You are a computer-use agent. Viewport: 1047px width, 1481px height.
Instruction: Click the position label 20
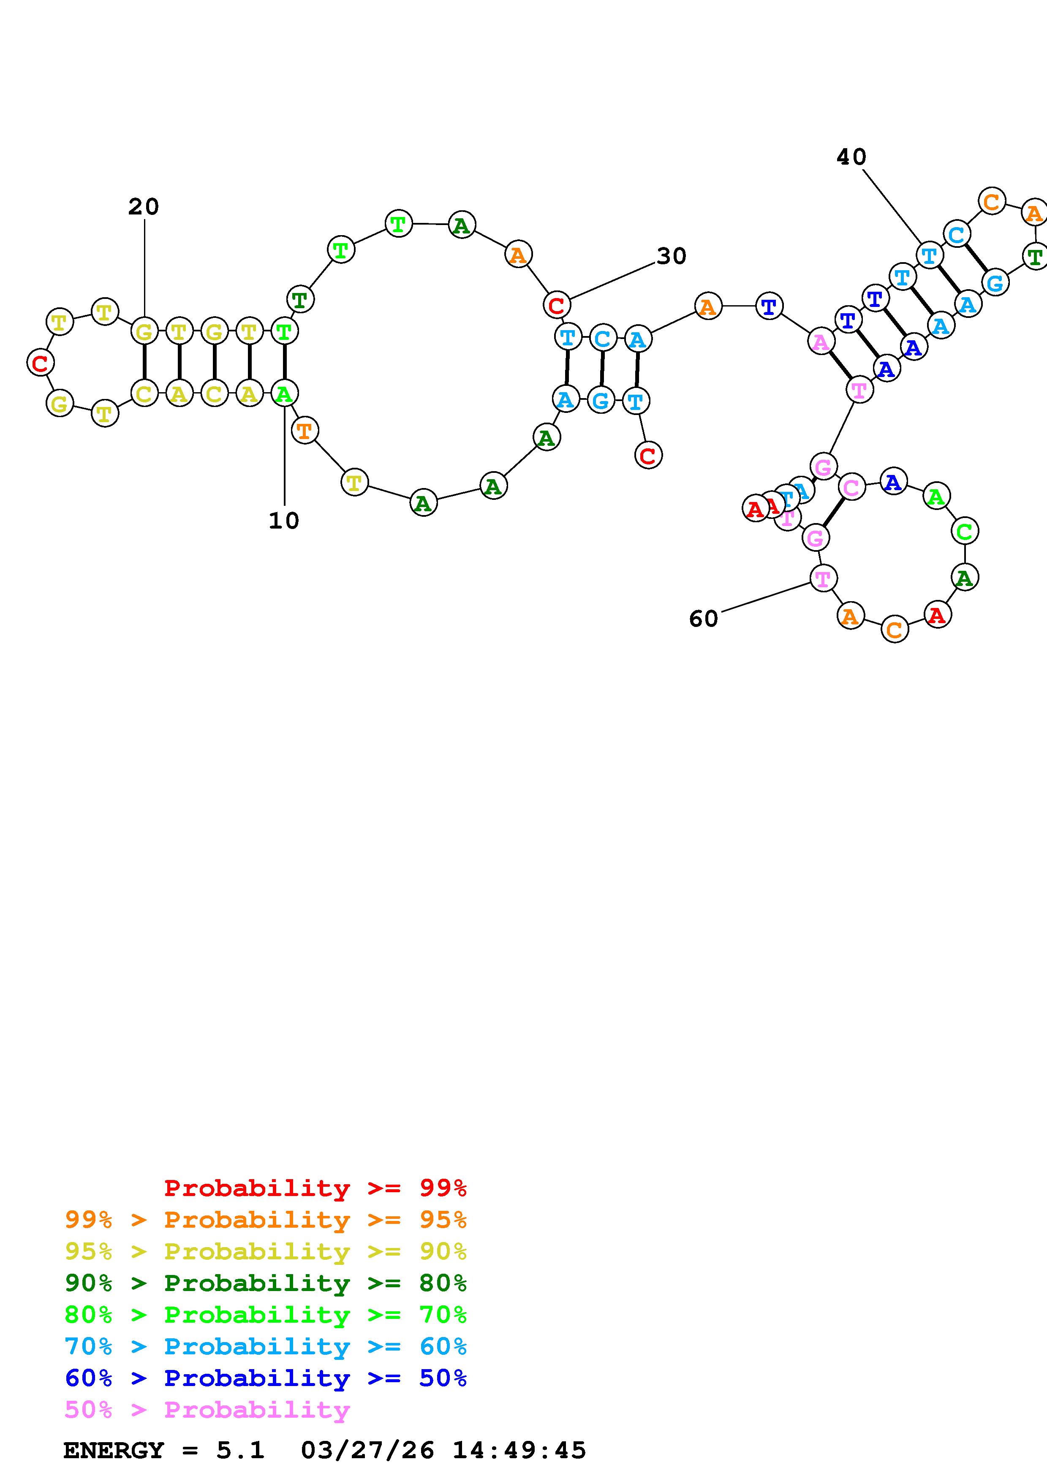click(x=143, y=207)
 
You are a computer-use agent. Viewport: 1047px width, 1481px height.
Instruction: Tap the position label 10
click(x=284, y=521)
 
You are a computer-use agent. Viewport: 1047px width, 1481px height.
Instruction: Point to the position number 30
click(x=672, y=257)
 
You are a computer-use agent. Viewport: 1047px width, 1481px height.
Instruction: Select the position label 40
click(x=851, y=157)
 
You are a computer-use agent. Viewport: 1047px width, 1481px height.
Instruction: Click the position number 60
click(x=703, y=619)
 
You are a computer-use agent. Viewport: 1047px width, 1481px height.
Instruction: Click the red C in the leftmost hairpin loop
click(x=40, y=363)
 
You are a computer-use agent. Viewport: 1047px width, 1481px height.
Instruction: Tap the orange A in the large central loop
click(x=518, y=255)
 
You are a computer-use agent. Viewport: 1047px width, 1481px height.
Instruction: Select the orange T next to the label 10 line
click(x=305, y=430)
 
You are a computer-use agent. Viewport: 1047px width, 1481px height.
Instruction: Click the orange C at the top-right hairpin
click(x=992, y=202)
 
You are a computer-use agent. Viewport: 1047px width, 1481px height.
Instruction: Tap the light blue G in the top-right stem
click(x=995, y=282)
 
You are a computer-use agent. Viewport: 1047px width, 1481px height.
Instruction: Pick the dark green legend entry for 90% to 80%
click(x=265, y=1283)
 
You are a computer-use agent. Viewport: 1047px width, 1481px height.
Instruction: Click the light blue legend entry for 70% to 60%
click(x=265, y=1346)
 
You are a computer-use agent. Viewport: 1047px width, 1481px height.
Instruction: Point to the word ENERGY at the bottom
click(x=114, y=1451)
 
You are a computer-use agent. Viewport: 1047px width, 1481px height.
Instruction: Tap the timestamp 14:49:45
click(x=519, y=1451)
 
